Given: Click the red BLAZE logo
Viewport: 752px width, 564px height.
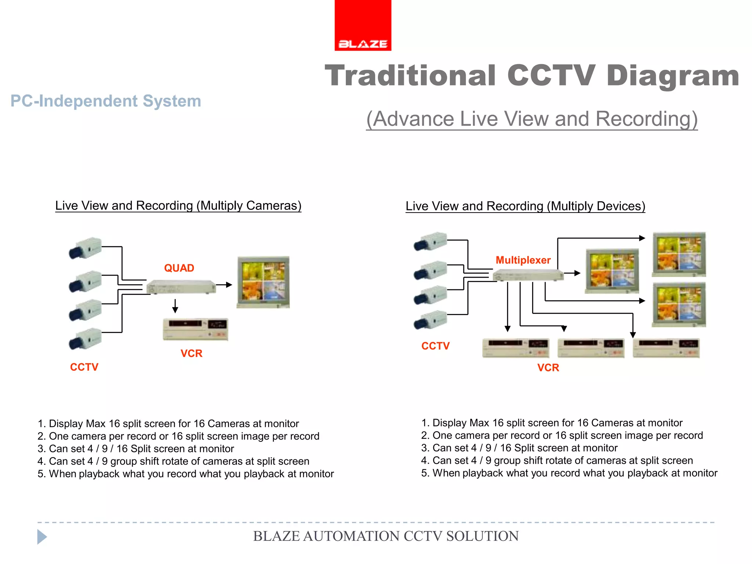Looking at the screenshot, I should coord(363,25).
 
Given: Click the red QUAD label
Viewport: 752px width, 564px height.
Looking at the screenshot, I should coord(179,268).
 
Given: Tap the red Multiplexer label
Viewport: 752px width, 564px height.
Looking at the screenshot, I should coord(523,260).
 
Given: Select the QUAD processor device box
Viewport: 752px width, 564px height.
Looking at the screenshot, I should coord(181,287).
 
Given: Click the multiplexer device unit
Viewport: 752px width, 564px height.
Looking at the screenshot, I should coord(528,275).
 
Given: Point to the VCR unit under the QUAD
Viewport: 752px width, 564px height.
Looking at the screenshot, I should coord(195,329).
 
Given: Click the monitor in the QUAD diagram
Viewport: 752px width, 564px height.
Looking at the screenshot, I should coord(263,282).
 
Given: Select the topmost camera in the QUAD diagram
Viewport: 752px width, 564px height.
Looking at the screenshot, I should coord(86,248).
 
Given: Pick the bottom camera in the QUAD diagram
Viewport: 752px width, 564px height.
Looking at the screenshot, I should coord(86,338).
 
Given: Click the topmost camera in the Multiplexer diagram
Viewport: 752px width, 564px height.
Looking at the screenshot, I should coord(431,241).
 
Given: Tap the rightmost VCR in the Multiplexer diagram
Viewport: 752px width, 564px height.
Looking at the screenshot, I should coord(666,348).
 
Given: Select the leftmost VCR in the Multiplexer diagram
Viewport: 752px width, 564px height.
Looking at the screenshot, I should coord(516,348).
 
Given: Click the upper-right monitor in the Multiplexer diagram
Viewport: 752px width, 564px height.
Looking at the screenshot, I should coord(679,254).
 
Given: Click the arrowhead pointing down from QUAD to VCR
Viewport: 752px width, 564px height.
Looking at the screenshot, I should coord(175,310).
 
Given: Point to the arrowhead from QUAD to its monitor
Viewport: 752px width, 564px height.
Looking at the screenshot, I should coord(229,285).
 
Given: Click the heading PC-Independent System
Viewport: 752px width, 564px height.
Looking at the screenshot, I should coord(106,101).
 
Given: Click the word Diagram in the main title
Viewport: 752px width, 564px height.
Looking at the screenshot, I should coord(673,76).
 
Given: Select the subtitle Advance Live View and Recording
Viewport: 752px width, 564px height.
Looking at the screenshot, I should coord(532,119).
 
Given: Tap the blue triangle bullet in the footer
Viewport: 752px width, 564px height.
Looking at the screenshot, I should coord(42,537).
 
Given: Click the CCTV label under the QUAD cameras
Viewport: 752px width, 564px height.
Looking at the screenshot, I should coord(84,367).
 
